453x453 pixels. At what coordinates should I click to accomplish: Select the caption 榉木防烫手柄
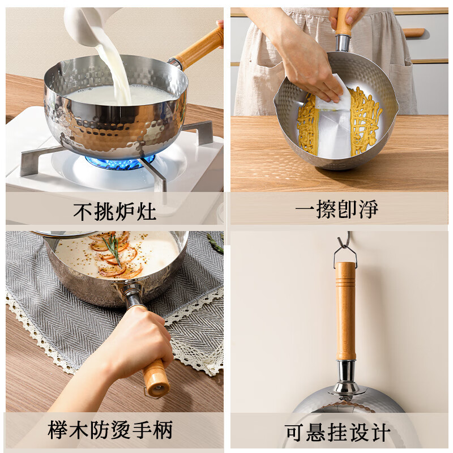(x=110, y=432)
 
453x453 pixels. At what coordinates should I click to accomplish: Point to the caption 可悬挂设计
(x=337, y=433)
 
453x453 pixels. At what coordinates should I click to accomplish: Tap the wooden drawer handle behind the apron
(x=414, y=32)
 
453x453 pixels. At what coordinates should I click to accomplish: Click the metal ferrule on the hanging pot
(x=346, y=374)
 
